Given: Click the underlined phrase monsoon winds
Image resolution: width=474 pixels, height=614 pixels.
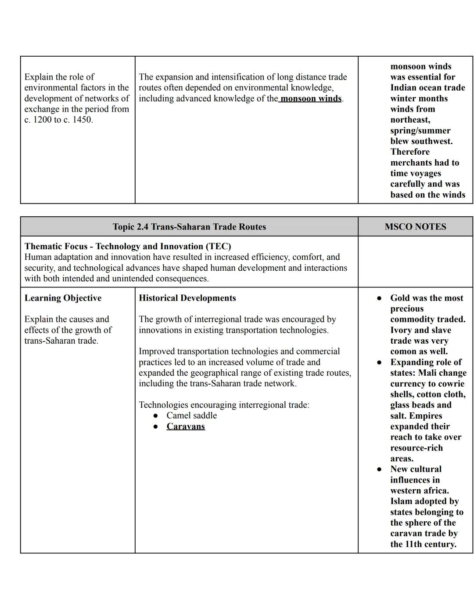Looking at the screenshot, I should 311,98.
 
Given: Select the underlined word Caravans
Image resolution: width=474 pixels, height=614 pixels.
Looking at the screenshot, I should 186,426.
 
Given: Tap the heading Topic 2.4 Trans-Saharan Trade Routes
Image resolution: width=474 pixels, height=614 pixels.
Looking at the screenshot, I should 189,227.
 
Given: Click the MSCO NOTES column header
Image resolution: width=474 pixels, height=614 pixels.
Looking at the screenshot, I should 415,227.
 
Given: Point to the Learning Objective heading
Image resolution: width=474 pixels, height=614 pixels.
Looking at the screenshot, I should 63,298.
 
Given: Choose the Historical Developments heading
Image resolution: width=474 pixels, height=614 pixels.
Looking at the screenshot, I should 187,298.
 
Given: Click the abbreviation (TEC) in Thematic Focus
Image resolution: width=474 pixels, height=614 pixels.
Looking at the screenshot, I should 218,246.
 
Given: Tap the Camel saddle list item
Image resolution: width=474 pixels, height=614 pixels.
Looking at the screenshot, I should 191,415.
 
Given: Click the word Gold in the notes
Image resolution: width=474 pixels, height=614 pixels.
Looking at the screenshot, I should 400,298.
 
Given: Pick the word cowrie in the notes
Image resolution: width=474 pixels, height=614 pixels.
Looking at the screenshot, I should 452,384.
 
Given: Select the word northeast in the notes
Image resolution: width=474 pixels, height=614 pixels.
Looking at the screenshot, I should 409,120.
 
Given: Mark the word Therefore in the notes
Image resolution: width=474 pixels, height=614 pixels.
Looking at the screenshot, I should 410,152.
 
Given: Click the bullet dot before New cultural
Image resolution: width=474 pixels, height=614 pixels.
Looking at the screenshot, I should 379,469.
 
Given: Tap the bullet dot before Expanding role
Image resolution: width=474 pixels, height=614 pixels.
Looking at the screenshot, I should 379,363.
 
